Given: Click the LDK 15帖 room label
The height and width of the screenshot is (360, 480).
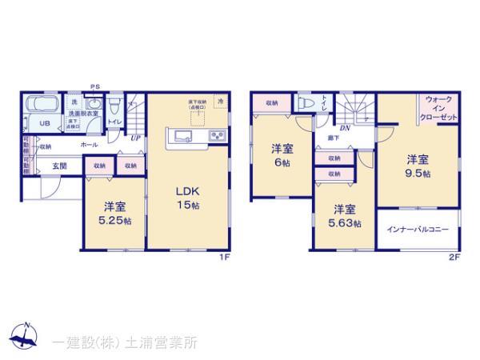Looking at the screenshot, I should pyautogui.click(x=187, y=198).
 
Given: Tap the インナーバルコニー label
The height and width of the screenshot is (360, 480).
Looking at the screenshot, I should pyautogui.click(x=416, y=230).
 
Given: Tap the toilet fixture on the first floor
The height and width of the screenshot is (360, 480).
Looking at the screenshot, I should pyautogui.click(x=114, y=104).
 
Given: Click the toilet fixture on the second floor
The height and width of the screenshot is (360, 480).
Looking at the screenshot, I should pyautogui.click(x=304, y=103).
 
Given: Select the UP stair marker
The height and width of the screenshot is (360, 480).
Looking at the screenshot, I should pyautogui.click(x=136, y=138).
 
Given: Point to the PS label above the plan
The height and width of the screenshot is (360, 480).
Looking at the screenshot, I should pyautogui.click(x=94, y=87).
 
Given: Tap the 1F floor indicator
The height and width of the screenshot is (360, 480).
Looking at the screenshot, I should pyautogui.click(x=226, y=258).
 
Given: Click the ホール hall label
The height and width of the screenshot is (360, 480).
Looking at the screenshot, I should pyautogui.click(x=90, y=145).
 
